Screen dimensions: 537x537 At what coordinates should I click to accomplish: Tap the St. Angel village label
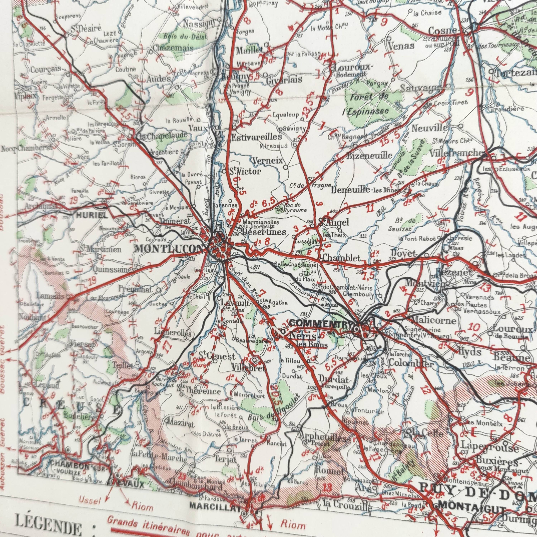(x=333, y=222)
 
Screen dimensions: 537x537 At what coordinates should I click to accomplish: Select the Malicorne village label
(x=433, y=320)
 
